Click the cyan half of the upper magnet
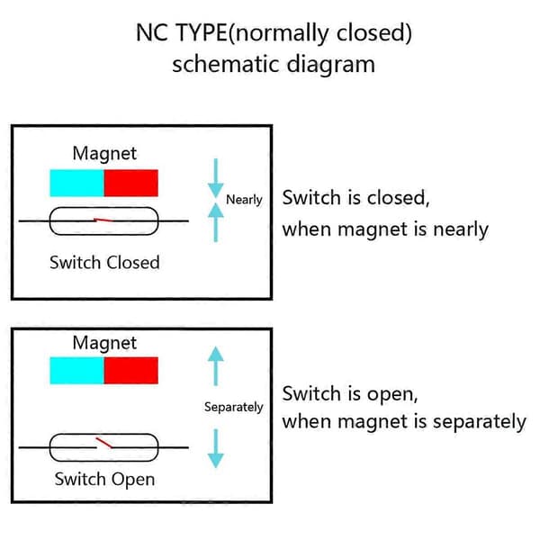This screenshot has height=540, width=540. (76, 183)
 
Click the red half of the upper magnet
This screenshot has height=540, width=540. (131, 183)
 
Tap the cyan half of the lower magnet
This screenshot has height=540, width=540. (76, 371)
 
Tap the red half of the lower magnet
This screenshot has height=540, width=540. (131, 371)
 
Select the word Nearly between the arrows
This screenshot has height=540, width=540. (244, 200)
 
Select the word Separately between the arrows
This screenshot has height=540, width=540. (233, 407)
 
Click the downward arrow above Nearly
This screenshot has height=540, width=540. (216, 178)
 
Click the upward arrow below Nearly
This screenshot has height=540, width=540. (216, 222)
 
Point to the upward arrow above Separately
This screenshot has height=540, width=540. (216, 366)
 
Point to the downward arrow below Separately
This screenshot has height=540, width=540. (216, 448)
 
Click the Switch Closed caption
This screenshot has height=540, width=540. (104, 263)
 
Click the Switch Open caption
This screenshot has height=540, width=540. (104, 480)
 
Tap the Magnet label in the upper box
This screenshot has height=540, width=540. (104, 154)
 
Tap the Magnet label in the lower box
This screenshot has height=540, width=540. (104, 343)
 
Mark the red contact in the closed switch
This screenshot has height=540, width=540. (103, 220)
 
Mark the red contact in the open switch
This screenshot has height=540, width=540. (103, 443)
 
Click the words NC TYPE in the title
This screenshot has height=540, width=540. (182, 32)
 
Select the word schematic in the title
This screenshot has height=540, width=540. (226, 65)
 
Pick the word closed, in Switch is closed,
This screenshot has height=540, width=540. (399, 198)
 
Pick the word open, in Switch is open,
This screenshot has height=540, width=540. (392, 394)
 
